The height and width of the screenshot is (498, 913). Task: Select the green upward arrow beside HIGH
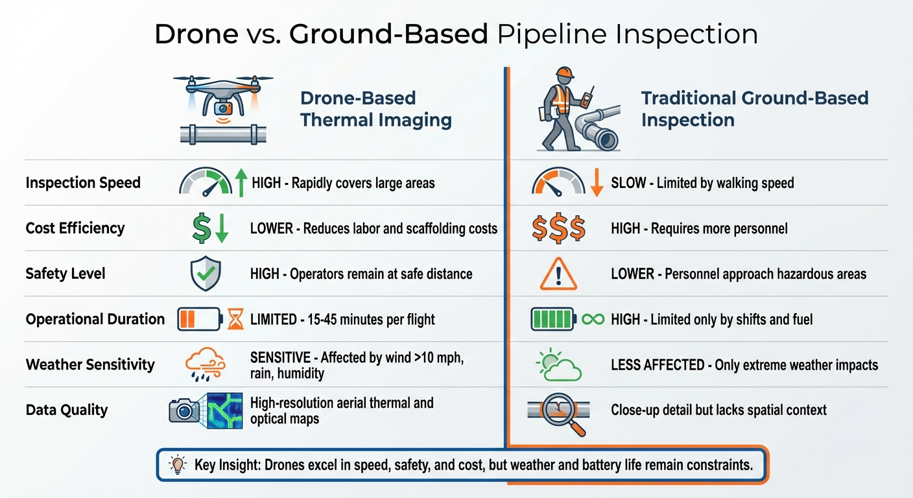coord(241,182)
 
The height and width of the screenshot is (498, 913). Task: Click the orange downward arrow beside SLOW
coord(597,182)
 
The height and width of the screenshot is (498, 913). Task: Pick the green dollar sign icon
coord(201,228)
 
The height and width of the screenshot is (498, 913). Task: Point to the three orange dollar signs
coord(558,228)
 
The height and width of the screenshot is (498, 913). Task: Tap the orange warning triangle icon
coord(558,274)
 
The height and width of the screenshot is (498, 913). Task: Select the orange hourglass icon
coord(235,319)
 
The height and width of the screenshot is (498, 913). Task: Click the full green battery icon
coord(552,319)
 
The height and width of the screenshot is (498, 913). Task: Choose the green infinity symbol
coord(593,319)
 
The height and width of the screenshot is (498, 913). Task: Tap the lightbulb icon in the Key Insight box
coord(177,464)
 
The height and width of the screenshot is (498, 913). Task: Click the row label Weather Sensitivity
coord(90,364)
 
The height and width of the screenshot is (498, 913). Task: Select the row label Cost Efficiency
coord(75,228)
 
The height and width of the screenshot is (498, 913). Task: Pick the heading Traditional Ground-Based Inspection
coord(754,109)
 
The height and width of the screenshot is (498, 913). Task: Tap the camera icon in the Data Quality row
coord(184,410)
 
